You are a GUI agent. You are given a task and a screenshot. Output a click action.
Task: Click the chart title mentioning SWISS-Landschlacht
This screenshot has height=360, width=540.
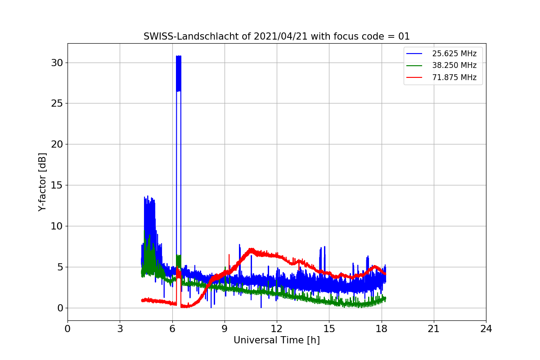[276, 36]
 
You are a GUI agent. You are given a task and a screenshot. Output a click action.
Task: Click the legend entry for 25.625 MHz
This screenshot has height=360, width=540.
[454, 54]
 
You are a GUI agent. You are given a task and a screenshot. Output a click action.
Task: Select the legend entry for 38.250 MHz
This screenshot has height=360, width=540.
[454, 65]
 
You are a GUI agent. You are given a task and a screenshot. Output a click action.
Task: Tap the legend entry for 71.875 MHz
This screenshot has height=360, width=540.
[454, 77]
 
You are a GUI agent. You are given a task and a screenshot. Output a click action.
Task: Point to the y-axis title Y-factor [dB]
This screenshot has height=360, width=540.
[42, 182]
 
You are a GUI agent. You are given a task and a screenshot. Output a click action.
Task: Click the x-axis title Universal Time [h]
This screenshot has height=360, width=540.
[276, 341]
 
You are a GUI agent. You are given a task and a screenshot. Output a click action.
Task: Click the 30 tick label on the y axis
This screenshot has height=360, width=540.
[57, 63]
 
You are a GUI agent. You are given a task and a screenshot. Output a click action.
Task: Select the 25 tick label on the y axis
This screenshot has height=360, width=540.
[57, 103]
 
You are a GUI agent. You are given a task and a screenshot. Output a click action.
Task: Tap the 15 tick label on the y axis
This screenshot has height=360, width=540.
[57, 185]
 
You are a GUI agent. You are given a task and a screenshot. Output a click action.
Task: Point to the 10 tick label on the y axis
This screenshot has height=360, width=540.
[57, 226]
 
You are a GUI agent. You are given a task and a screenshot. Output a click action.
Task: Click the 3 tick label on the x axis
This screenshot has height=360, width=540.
[120, 329]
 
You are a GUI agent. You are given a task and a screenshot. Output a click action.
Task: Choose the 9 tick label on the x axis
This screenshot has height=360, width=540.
[225, 329]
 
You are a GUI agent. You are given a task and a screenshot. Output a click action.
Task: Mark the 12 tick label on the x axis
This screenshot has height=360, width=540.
[277, 329]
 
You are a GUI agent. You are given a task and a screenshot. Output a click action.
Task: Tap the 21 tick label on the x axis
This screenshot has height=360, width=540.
[433, 329]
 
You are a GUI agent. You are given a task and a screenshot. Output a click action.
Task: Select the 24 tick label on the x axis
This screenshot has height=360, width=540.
[486, 329]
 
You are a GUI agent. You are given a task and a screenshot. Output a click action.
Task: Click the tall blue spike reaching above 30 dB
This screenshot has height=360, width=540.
[179, 72]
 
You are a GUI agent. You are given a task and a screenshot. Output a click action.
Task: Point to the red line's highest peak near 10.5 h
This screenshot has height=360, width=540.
[251, 249]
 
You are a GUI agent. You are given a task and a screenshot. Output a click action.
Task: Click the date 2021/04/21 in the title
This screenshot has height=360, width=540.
[281, 36]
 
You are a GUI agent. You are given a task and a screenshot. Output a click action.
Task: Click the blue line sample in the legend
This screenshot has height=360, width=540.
[414, 54]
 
